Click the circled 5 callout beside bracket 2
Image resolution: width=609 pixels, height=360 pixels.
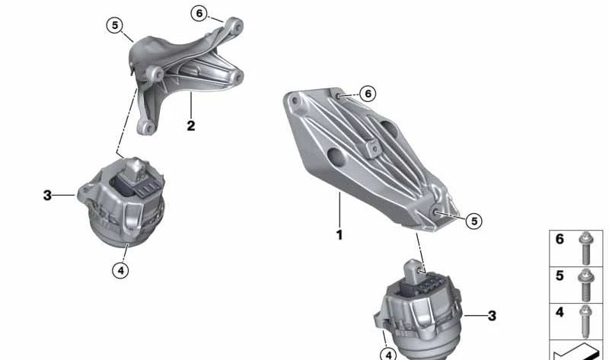click(x=115, y=25)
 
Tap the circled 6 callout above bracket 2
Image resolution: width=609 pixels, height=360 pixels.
click(x=199, y=13)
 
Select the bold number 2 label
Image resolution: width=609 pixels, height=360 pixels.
click(x=190, y=126)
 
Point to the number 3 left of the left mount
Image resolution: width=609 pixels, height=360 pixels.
click(x=47, y=196)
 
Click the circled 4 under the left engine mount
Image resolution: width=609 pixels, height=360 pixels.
click(x=121, y=269)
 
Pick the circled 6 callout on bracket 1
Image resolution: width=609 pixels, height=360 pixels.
click(x=368, y=94)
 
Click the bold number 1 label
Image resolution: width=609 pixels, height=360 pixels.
click(x=340, y=235)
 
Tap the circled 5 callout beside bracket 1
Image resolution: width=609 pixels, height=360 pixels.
click(x=473, y=221)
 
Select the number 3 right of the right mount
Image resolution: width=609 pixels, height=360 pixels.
click(x=492, y=315)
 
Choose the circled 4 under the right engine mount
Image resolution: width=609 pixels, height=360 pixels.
click(x=389, y=354)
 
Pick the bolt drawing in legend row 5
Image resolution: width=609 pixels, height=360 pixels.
click(x=585, y=281)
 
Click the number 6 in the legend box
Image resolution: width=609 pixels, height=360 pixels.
click(x=560, y=240)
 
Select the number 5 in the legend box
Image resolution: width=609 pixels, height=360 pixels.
click(x=560, y=276)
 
